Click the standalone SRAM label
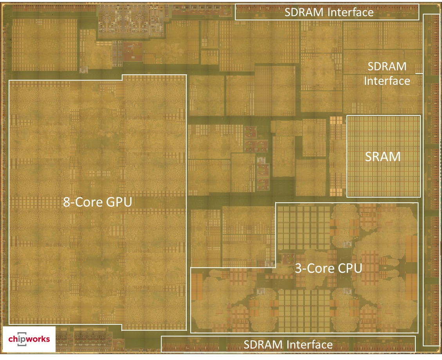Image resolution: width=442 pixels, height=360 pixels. (383, 157)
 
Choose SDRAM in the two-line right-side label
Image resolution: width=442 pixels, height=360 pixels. (387, 67)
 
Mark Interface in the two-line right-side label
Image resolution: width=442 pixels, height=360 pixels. (387, 81)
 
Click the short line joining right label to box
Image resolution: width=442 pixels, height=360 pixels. (419, 73)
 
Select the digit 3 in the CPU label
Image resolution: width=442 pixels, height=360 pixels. (296, 269)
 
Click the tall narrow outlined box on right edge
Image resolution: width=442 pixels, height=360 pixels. (431, 180)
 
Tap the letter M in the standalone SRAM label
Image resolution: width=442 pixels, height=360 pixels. (395, 157)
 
